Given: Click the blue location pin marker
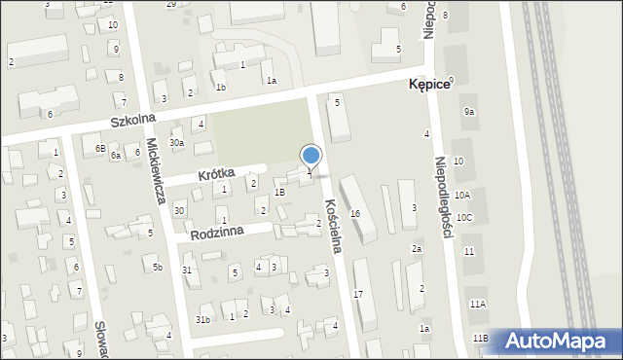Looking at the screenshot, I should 311,157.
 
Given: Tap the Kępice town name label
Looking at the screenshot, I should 428,85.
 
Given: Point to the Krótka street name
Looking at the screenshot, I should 216,173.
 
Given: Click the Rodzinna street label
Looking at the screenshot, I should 218,234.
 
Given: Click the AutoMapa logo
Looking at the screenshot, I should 554,341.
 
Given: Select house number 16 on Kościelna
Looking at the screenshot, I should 355,213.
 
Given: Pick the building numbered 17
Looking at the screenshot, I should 358,294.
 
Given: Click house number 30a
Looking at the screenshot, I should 176,143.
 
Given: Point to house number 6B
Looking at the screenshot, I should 99,148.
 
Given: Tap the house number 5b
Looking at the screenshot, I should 157,267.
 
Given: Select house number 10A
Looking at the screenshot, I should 462,196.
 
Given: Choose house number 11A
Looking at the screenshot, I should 477,304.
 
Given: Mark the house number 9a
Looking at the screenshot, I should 469,112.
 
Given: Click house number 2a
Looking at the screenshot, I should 416,249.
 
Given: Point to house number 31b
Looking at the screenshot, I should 202,319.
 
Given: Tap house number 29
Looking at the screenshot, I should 171,5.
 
